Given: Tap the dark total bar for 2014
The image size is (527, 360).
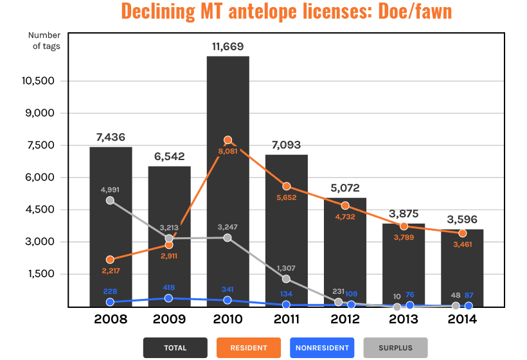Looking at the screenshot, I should (x=462, y=270).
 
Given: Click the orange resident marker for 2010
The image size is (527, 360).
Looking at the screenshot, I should (x=228, y=140).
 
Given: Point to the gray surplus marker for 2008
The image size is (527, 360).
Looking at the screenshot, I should (x=110, y=201).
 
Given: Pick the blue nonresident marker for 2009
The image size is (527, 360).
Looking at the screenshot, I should (x=168, y=298).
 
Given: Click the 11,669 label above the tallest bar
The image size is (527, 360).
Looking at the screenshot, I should (x=228, y=47).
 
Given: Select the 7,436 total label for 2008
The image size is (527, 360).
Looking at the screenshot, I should (x=111, y=138).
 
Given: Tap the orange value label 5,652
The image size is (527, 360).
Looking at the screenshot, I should (x=287, y=198).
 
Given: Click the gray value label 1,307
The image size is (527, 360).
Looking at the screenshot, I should (x=286, y=267).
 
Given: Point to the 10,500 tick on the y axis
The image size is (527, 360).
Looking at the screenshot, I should (x=43, y=81).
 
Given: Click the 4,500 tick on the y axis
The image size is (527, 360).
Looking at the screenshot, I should (x=46, y=210).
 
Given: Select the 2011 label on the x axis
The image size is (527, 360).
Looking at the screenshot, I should (x=286, y=319).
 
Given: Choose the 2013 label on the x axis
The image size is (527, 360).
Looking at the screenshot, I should (x=404, y=319).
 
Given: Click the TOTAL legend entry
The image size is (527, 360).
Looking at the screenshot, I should (x=175, y=348).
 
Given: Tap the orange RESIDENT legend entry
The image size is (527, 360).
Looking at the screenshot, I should (x=248, y=348).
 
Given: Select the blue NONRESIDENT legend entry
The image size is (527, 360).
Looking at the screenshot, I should (x=322, y=348).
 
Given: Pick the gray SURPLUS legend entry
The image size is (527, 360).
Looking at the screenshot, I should (x=395, y=348).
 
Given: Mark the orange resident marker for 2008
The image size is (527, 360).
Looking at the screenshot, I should (x=110, y=260).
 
